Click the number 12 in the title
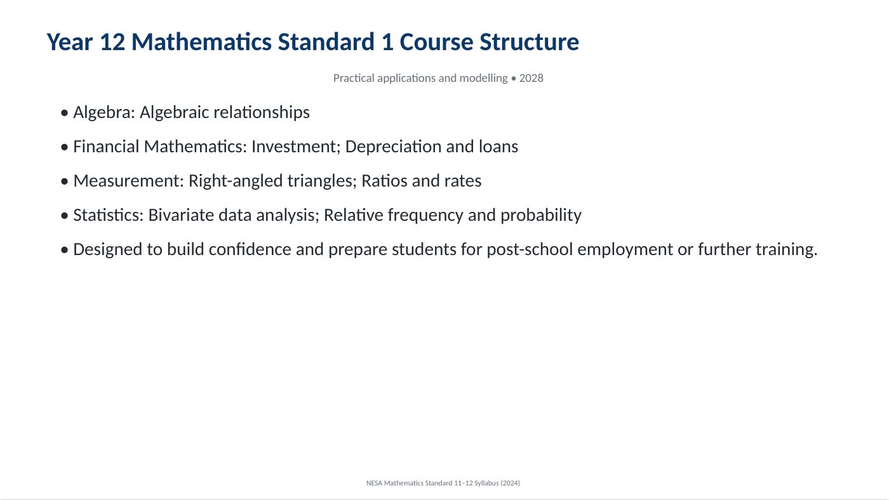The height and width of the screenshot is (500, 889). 112,42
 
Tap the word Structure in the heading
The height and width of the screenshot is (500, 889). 530,42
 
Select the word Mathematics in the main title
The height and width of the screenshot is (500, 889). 202,42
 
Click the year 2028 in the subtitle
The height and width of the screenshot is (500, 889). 531,78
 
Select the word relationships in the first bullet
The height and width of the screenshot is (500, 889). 262,112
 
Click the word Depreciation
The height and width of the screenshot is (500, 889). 393,147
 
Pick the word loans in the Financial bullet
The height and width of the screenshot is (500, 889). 498,147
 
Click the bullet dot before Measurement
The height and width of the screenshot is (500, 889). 64,181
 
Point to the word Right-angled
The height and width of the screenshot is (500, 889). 236,181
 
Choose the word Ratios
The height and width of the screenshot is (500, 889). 384,181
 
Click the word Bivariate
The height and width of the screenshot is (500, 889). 181,215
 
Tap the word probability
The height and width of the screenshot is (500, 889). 541,216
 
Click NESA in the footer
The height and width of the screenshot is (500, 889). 374,483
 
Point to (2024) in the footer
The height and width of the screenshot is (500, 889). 510,483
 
